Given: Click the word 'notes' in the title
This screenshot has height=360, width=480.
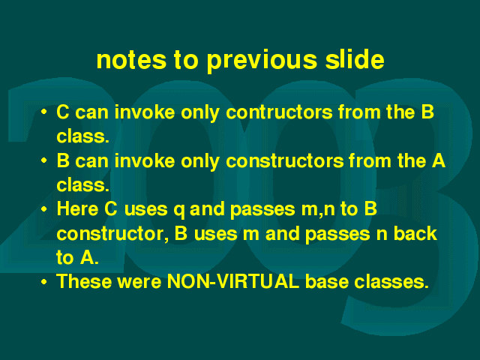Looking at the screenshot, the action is click(131, 60).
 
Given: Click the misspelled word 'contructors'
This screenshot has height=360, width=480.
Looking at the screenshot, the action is click(279, 112).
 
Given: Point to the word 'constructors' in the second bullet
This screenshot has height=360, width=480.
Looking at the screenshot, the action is click(284, 161).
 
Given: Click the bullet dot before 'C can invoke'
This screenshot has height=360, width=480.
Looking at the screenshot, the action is click(44, 112).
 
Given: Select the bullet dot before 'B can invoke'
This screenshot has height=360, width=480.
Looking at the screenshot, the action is click(44, 160).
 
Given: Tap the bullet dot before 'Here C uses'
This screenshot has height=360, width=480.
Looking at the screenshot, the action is click(44, 209).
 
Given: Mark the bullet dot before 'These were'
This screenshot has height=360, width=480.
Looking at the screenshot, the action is click(44, 282).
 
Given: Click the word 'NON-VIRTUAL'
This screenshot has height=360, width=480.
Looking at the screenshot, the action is click(233, 281).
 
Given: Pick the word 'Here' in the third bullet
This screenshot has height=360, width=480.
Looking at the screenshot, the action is click(77, 209).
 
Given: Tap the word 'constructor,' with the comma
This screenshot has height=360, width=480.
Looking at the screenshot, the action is click(112, 234).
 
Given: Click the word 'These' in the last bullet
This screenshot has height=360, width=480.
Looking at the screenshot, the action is click(84, 281).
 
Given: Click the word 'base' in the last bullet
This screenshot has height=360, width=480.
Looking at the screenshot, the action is click(327, 281).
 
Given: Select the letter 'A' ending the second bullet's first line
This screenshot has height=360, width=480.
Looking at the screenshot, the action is click(438, 160).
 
